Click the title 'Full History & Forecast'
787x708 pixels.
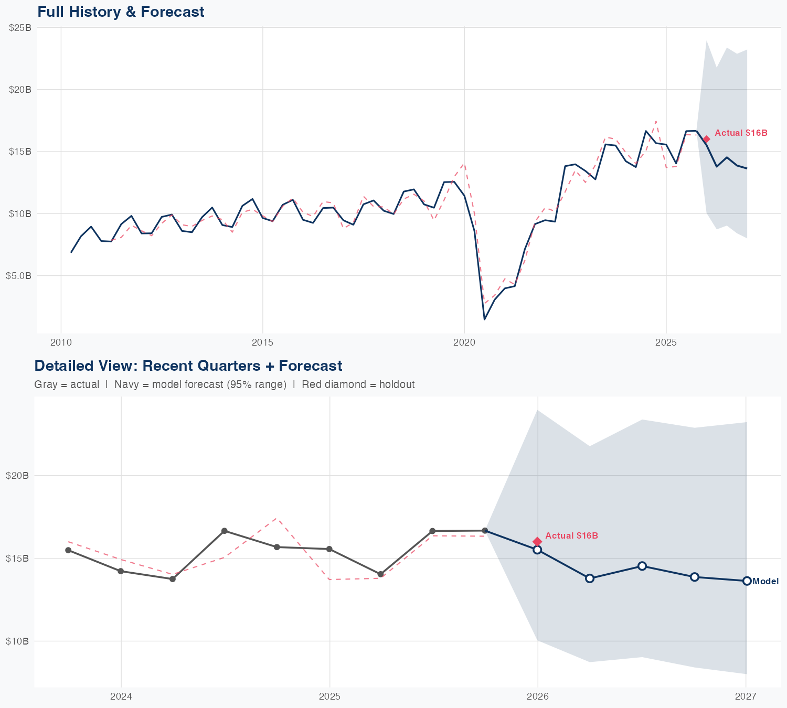click(121, 12)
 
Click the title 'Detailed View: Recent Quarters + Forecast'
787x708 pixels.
click(188, 366)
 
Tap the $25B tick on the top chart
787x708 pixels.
click(20, 28)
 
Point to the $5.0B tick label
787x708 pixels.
click(19, 275)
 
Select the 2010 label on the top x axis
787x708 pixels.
click(61, 342)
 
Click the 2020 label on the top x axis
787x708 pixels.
click(464, 342)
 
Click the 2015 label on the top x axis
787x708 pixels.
click(262, 342)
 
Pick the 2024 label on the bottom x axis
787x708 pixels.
click(121, 696)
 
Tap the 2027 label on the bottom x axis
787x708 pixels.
click(746, 696)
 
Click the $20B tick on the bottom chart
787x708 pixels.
click(17, 476)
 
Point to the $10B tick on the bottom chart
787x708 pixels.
click(17, 641)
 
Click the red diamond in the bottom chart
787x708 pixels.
click(537, 541)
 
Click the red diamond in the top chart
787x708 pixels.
click(707, 139)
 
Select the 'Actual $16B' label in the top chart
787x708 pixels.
click(741, 133)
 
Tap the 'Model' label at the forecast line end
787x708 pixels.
click(765, 581)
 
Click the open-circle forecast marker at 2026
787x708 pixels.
click(537, 550)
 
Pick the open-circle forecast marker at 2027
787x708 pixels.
click(747, 581)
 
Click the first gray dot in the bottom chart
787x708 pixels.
click(68, 550)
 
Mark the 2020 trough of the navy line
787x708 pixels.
click(484, 319)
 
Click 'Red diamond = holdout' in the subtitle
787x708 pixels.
click(358, 384)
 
